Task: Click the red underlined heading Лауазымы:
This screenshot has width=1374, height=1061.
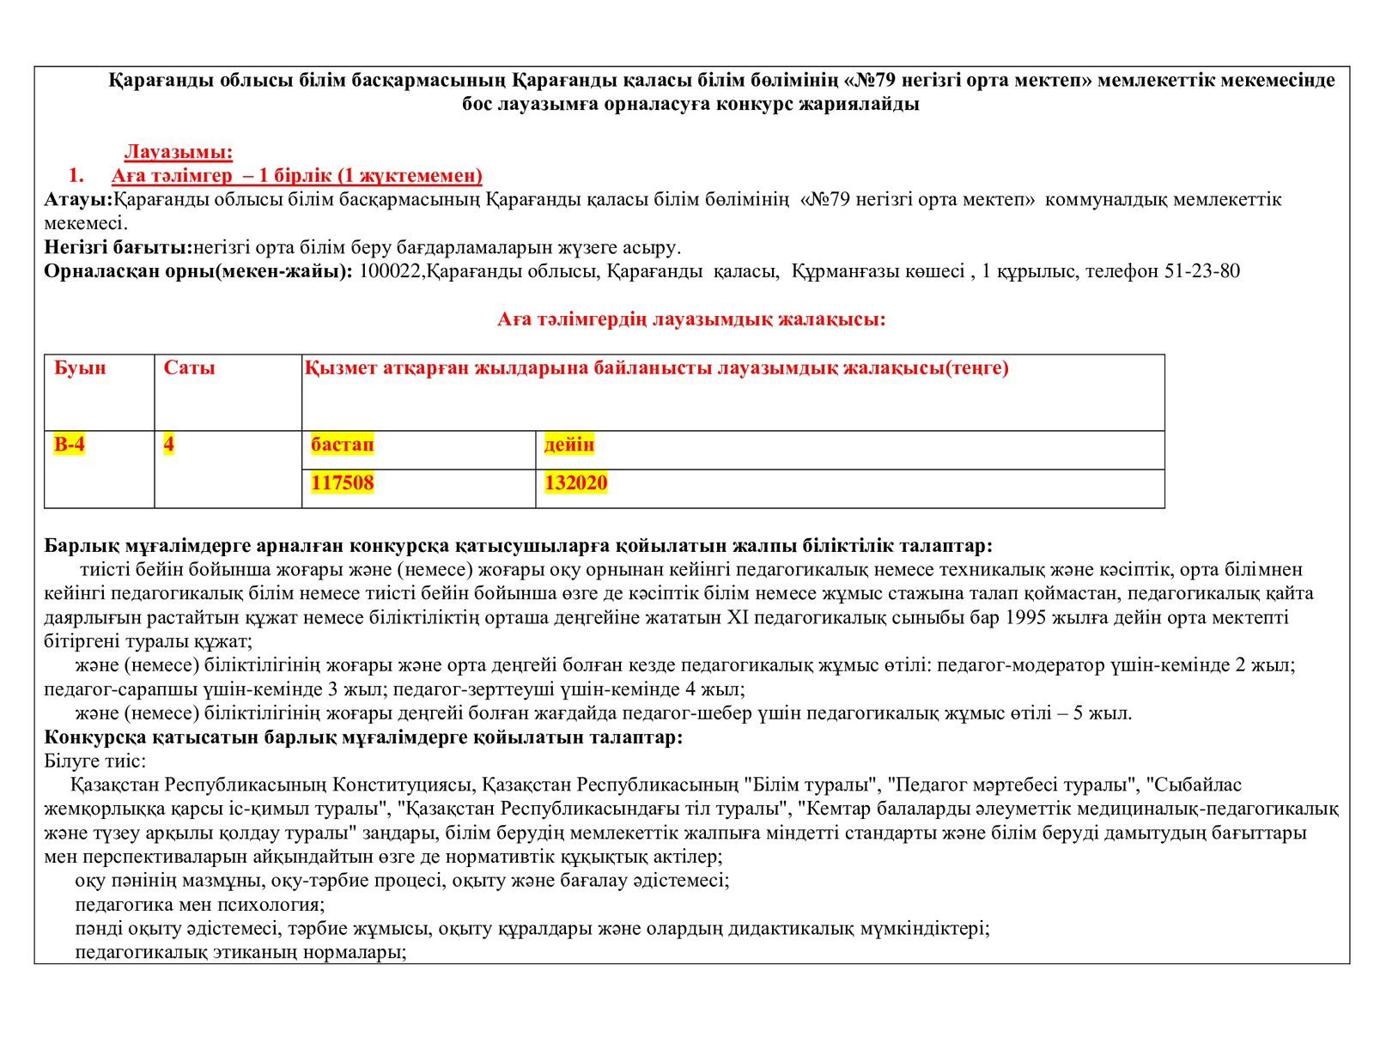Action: [x=179, y=152]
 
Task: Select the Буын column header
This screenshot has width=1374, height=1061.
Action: [x=80, y=368]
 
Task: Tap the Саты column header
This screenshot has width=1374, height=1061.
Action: [x=189, y=368]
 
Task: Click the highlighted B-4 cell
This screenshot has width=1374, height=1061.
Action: [x=70, y=445]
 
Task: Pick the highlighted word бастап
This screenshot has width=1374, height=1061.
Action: [x=343, y=445]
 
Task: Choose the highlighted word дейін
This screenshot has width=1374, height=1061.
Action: [x=568, y=445]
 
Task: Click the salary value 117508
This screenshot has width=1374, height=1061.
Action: [x=343, y=482]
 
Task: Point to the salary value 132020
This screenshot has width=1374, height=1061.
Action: [x=575, y=482]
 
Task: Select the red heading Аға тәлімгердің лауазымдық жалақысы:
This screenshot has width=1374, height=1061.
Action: [x=691, y=319]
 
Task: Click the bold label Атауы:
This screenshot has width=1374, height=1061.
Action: [x=78, y=200]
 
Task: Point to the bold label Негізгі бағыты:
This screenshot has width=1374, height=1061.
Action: [x=118, y=248]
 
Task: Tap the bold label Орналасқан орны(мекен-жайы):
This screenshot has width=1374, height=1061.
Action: [x=198, y=271]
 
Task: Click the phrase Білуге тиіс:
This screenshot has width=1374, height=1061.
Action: [x=94, y=761]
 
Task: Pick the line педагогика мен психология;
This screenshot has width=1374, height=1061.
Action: [x=199, y=904]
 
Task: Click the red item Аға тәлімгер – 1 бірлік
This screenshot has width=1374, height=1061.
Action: [x=296, y=176]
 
